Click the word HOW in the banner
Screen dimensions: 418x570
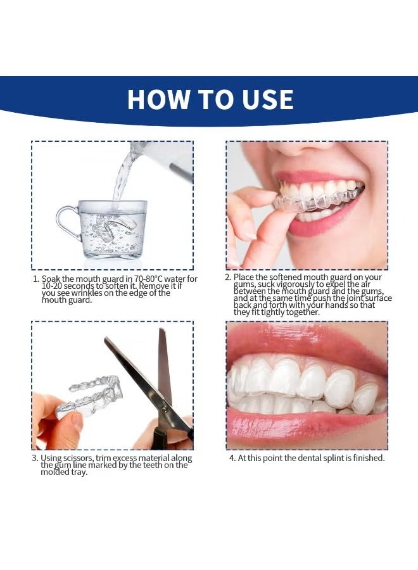[x=158, y=99]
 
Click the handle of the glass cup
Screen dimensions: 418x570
[x=66, y=222]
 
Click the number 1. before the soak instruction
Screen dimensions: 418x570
[x=36, y=279]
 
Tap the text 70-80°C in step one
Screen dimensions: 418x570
[x=148, y=279]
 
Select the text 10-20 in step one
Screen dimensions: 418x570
[x=51, y=286]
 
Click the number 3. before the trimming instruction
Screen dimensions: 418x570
[x=35, y=459]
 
